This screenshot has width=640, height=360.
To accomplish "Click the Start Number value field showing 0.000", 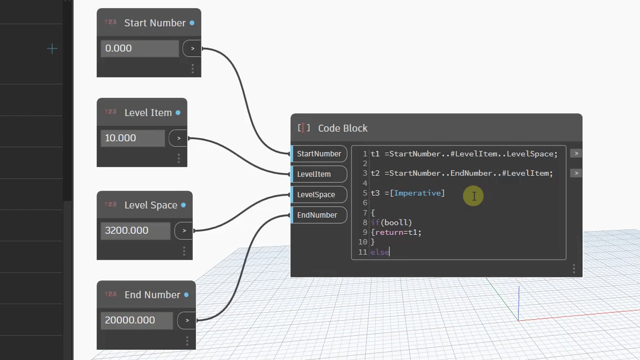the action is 140,48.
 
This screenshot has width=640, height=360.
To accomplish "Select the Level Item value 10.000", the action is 133,138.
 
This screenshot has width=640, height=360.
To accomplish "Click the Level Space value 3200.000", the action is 135,231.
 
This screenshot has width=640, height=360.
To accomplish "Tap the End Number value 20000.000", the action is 137,320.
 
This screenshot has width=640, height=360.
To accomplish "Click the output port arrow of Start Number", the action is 192,48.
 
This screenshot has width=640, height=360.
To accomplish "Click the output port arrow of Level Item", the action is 179,138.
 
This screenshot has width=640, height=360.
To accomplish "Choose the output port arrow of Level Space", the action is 184,231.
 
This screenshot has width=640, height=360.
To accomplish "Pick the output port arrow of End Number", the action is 187,320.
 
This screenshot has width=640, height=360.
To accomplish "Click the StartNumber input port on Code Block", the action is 319,154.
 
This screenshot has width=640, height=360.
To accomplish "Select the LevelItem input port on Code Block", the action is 319,174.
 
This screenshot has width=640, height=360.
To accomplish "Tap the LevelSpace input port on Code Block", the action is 319,195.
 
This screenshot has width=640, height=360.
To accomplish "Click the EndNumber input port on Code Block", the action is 319,215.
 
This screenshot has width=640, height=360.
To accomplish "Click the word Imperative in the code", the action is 417,193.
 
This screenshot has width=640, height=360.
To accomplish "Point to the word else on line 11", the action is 380,252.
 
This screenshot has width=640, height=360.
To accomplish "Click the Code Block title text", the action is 343,128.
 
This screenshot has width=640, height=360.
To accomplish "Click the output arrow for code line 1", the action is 576,154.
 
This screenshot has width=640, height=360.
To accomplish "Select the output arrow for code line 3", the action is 576,173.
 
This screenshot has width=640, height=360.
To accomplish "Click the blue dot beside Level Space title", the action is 184,205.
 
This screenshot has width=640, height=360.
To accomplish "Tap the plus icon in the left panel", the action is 52,49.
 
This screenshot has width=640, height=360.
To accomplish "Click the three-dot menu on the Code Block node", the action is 574,269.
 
